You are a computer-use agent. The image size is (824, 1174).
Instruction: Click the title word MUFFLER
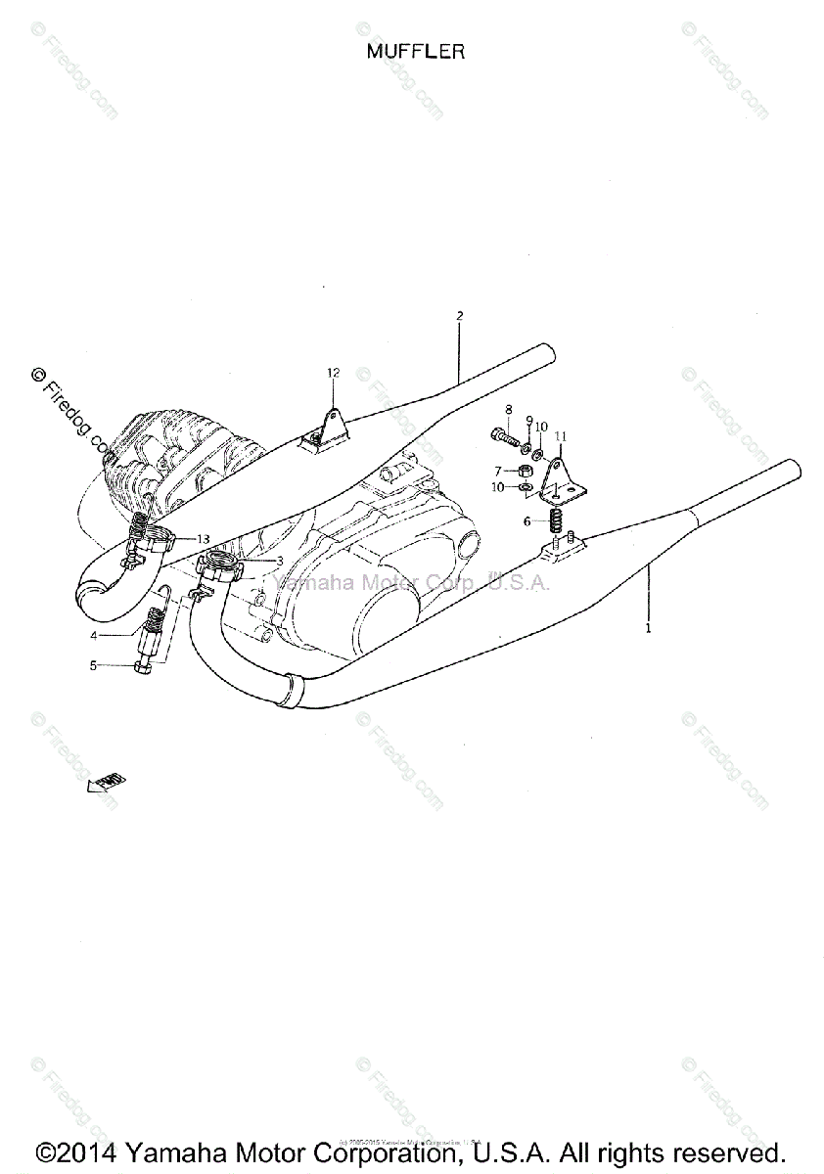click(x=415, y=52)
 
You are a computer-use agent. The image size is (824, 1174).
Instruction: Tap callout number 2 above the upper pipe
click(x=459, y=316)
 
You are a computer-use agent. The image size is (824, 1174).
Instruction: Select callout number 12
click(x=333, y=373)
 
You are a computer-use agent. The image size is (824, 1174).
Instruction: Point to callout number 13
click(x=203, y=539)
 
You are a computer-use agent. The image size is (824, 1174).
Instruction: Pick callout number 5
click(x=121, y=665)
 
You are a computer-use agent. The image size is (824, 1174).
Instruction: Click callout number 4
click(x=121, y=635)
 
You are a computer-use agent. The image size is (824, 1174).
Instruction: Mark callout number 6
click(x=526, y=521)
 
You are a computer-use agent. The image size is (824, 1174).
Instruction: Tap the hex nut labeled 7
click(x=526, y=471)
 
